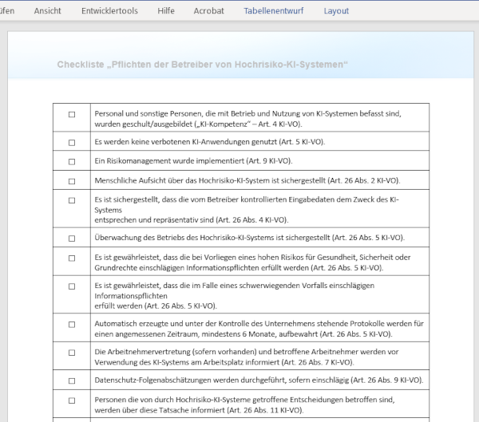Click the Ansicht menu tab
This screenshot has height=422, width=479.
tap(48, 11)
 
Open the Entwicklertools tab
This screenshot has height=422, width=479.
tap(109, 11)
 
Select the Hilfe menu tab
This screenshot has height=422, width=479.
tap(166, 11)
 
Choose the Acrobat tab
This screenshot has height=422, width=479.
tap(209, 11)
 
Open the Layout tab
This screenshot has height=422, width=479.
tap(336, 11)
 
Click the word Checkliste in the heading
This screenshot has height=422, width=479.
tap(82, 64)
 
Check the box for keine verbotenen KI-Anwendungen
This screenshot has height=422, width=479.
tap(72, 142)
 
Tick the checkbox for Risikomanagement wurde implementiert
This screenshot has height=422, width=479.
tap(72, 162)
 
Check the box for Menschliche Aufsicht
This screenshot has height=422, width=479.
tap(72, 181)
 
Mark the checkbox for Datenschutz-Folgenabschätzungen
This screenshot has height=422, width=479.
tap(72, 381)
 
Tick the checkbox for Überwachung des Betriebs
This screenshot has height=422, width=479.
tap(72, 239)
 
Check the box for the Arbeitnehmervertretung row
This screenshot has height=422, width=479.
tap(72, 357)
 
